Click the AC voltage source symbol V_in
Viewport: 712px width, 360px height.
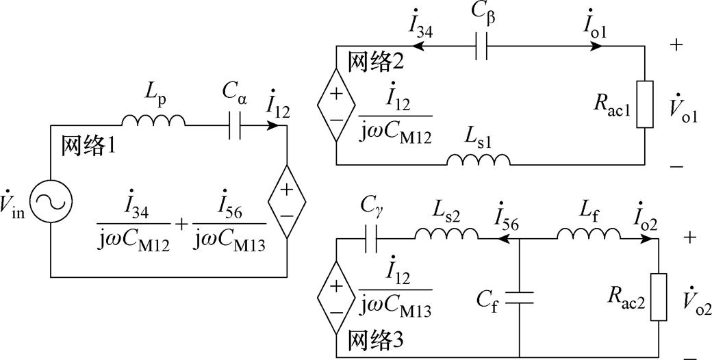tap(51, 201)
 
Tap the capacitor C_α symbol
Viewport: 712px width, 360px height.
tap(235, 127)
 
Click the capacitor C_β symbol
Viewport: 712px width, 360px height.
tap(481, 47)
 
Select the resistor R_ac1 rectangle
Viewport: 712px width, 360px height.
tap(644, 105)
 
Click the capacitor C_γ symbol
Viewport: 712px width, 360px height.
tap(372, 239)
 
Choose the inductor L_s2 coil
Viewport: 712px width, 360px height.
tap(446, 234)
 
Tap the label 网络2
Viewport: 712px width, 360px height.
tap(376, 62)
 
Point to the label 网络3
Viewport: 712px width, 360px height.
tap(376, 340)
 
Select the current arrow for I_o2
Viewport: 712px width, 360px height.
tap(644, 239)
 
